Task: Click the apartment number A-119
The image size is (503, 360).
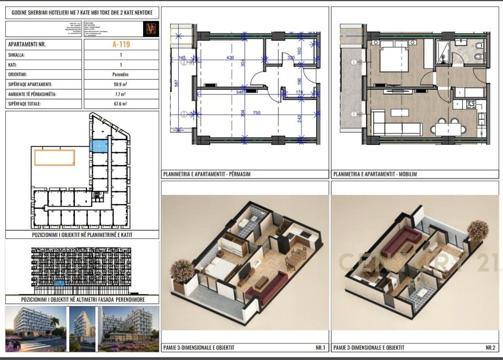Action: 121,44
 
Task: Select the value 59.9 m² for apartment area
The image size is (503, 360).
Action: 121,84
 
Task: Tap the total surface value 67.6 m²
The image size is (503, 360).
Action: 121,104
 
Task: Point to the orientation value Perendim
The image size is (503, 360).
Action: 121,74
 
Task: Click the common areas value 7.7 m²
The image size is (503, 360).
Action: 121,94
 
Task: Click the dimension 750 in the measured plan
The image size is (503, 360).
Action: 257,113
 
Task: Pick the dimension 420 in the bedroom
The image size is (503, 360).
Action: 230,58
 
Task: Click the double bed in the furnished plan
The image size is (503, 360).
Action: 394,57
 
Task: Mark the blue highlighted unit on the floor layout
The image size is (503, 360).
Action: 99,147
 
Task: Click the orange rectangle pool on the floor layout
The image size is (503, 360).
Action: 54,157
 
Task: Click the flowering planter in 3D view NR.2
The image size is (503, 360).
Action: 477,230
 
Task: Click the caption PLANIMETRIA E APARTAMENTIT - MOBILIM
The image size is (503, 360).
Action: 375,174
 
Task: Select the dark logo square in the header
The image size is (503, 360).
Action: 151,29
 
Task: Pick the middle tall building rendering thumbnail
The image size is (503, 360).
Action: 83,329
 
